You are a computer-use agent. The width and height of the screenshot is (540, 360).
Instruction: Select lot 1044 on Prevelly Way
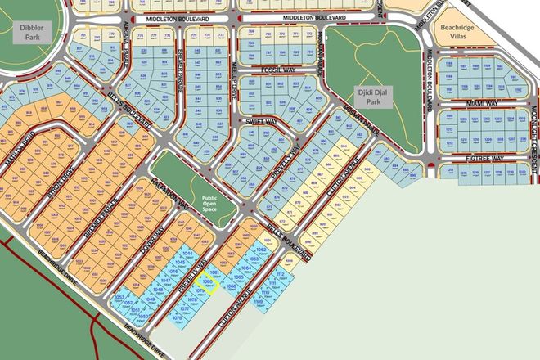187,254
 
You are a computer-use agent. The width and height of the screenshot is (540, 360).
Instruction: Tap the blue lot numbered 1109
259,303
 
